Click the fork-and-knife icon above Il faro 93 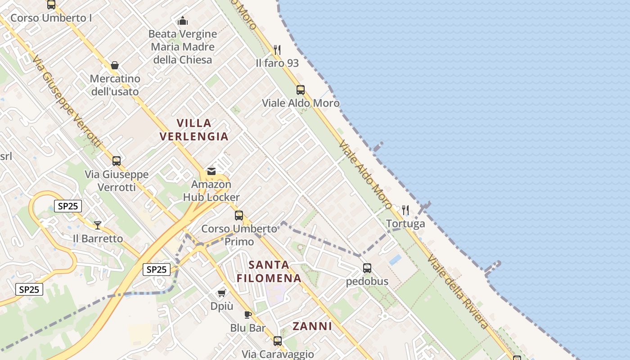pos(277,49)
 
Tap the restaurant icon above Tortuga pos(405,210)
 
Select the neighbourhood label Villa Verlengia pos(194,130)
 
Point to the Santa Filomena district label pos(269,271)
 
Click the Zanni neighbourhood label pos(312,326)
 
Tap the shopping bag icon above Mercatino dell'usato pos(115,66)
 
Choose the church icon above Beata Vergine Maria pos(183,21)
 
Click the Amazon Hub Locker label pos(211,191)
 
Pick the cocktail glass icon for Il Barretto pos(98,225)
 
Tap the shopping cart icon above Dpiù pos(221,293)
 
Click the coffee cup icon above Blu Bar pos(247,315)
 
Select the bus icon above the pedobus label pos(367,269)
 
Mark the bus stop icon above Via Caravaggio pos(278,341)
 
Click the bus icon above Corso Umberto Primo pos(239,216)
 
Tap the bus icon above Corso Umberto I pos(51,5)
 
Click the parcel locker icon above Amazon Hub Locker pos(211,171)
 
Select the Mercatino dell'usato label pos(115,85)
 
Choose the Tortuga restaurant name pos(405,224)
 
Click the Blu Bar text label pos(248,328)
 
